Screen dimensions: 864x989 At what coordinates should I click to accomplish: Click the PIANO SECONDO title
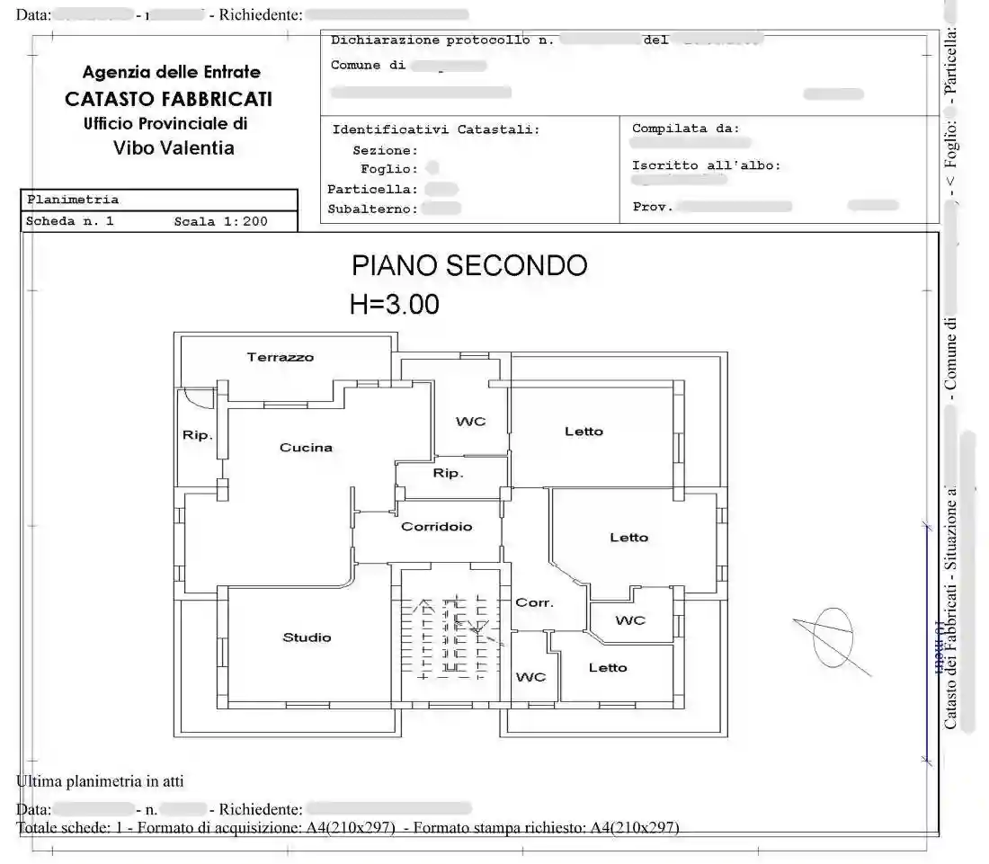point(469,265)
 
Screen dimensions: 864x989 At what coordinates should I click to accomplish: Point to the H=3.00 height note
point(395,305)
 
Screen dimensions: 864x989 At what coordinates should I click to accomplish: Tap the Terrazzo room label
point(281,357)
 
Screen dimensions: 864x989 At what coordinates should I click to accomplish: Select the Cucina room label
point(306,447)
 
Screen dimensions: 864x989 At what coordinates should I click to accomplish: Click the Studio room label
point(307,637)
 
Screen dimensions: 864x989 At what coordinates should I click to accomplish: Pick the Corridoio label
point(436,527)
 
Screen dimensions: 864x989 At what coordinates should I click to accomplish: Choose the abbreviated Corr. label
point(534,602)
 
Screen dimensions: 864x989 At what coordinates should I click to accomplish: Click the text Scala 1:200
point(220,221)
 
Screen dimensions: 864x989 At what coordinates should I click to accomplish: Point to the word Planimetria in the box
point(73,200)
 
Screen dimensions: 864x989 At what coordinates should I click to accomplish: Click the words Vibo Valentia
point(174,148)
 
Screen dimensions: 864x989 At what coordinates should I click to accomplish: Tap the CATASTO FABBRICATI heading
point(168,99)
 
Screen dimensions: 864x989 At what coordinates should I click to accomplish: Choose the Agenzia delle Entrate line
point(171,72)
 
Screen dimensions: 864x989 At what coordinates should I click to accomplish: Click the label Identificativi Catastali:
point(436,129)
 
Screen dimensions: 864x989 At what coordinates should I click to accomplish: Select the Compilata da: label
point(685,129)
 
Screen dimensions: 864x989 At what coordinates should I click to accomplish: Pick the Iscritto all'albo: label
point(706,165)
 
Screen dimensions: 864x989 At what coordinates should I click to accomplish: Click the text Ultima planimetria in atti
point(100,781)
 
